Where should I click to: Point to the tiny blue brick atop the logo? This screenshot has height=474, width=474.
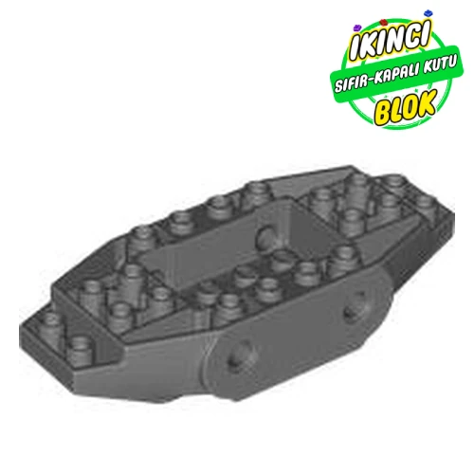[x=432, y=20]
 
